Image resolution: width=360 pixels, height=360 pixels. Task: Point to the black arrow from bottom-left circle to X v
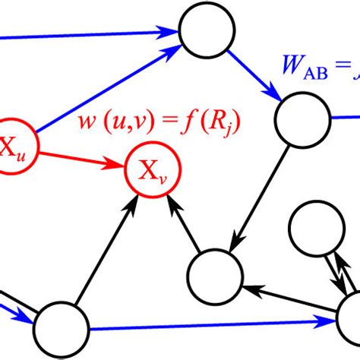click(107, 251)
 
